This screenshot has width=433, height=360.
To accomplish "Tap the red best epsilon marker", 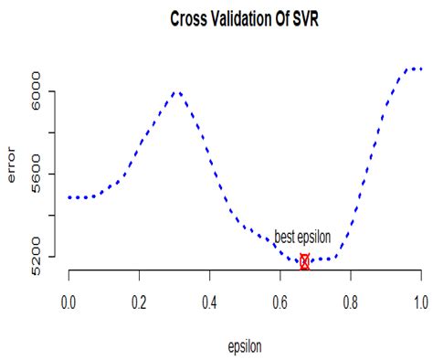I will click(x=304, y=261).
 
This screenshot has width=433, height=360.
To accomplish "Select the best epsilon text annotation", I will click(x=302, y=238).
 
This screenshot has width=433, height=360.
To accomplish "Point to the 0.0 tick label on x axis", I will click(x=68, y=301).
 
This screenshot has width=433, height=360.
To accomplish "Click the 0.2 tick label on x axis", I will click(x=139, y=301).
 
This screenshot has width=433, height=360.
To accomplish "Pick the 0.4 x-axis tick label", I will click(x=209, y=301).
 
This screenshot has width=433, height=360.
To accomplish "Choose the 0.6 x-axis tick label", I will click(x=280, y=301).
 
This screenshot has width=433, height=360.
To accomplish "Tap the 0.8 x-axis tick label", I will click(x=351, y=301).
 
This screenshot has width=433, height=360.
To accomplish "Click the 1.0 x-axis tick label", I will click(x=421, y=301).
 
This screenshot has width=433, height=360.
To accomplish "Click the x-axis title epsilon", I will click(x=244, y=346).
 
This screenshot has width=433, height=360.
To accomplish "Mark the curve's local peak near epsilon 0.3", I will click(x=176, y=92).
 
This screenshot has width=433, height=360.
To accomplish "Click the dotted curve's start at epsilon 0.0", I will click(x=69, y=196).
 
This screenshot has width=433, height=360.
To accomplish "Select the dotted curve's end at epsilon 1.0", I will click(x=420, y=69).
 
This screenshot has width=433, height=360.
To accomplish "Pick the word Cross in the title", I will click(x=188, y=19).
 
